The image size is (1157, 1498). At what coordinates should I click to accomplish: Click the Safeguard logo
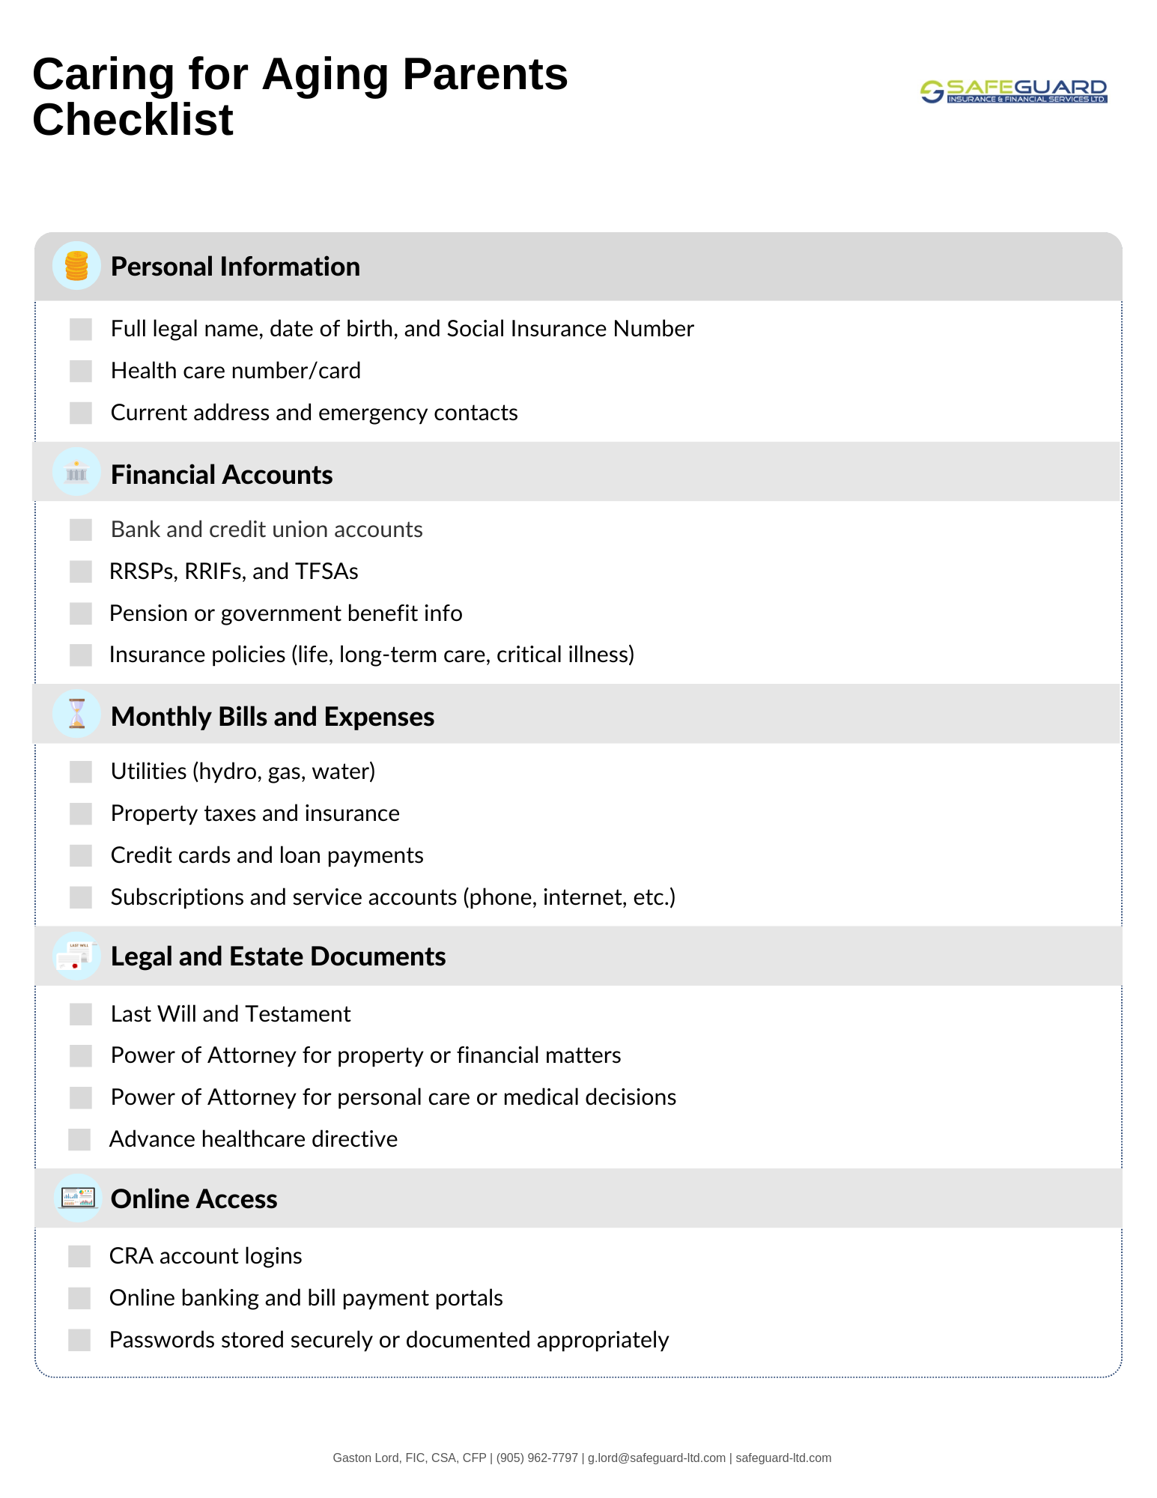coord(1013,91)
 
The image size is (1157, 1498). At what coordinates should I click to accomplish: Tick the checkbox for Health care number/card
coord(81,371)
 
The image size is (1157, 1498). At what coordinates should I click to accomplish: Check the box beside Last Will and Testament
coord(81,1014)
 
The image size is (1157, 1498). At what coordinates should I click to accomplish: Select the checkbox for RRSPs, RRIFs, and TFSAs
coord(81,571)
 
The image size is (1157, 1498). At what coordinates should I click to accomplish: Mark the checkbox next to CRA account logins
coord(79,1256)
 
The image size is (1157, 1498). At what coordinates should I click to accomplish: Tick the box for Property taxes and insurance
coord(81,813)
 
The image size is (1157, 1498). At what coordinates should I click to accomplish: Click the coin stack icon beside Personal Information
coord(76,266)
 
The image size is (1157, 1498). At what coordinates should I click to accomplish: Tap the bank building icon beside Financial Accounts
coord(76,473)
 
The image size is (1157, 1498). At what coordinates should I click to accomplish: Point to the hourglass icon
coord(76,715)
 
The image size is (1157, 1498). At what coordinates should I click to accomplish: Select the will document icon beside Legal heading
coord(76,956)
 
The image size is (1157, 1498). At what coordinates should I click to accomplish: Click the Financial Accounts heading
coord(222,475)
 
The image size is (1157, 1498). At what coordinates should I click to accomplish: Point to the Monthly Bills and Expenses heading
coord(273,717)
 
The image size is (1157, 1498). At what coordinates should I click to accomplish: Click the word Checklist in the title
coord(133,120)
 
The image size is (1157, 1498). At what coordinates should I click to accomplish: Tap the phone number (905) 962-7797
coord(537,1458)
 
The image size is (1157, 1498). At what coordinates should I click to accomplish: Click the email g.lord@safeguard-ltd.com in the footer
coord(657,1458)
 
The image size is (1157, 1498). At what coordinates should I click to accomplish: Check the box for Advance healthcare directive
coord(79,1139)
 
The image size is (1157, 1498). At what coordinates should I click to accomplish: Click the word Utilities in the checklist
coord(148,771)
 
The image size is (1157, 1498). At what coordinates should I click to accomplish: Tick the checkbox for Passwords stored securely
coord(79,1340)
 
